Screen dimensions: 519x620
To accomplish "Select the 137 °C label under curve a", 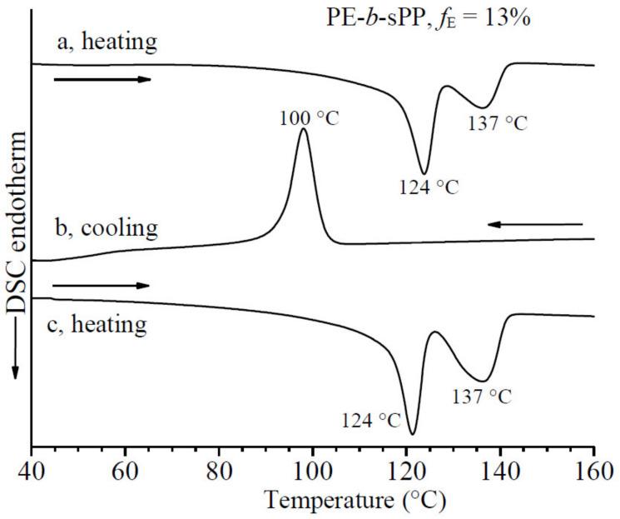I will point(498,124).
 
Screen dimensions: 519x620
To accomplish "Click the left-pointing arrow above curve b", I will point(535,224).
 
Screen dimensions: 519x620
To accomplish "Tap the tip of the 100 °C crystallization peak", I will point(304,129).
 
